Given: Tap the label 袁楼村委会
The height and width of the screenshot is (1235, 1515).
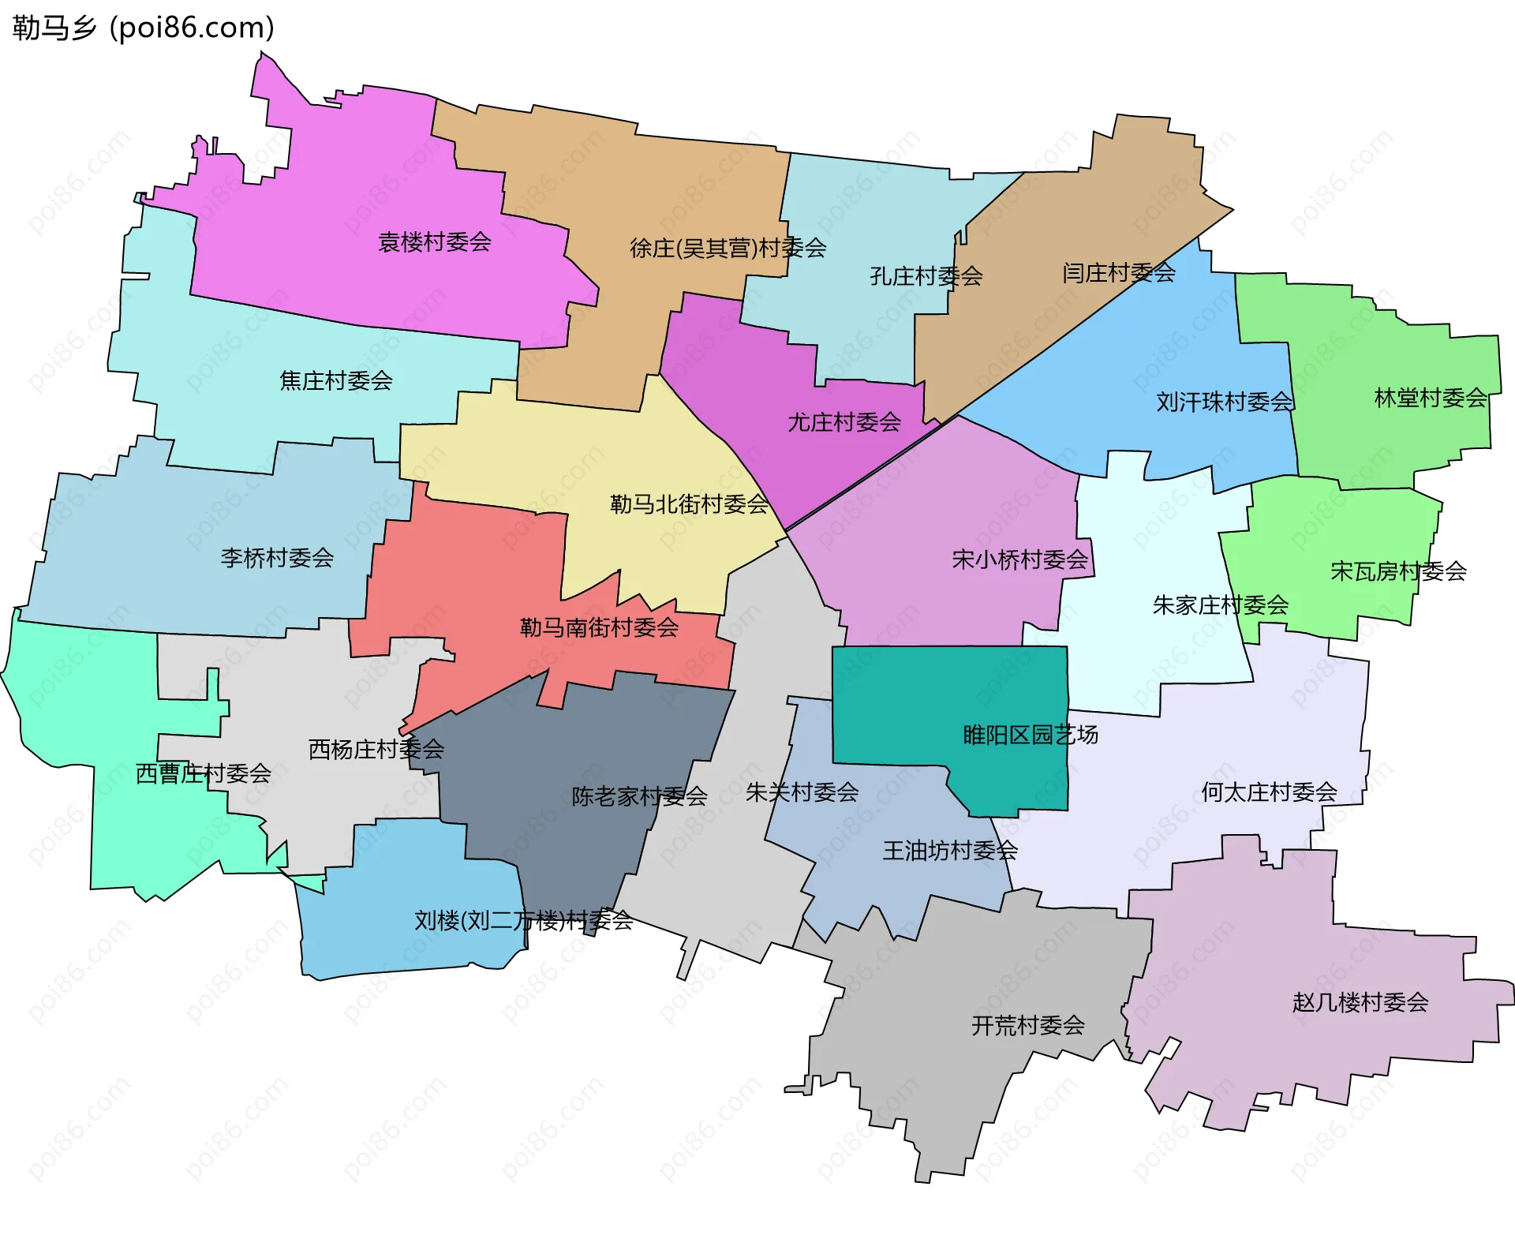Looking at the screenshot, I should tap(434, 242).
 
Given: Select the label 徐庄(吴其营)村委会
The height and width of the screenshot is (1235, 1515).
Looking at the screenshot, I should tap(728, 249).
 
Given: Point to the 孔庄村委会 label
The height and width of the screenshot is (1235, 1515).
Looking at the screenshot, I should tap(926, 276).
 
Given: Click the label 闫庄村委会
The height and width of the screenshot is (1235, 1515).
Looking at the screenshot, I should tap(1118, 273).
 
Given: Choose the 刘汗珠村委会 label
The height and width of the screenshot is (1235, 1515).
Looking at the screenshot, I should tap(1224, 402).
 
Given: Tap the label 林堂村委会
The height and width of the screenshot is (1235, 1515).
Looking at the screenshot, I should tap(1430, 398).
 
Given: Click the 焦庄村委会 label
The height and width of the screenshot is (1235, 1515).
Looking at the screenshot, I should tap(336, 381).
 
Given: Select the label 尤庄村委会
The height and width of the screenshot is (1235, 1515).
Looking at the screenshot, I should tap(844, 422).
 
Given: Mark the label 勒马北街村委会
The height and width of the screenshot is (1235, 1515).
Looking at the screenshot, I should tap(689, 504).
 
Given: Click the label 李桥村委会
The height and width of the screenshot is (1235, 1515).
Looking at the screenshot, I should tap(277, 558).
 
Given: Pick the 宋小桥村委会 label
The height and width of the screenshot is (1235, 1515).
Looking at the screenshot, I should tap(1019, 560).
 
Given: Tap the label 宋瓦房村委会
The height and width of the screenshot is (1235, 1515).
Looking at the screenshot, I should tap(1397, 571).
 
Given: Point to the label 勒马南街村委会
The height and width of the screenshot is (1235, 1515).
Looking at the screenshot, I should tap(599, 628).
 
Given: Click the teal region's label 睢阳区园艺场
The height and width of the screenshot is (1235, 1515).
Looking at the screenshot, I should tap(1030, 735).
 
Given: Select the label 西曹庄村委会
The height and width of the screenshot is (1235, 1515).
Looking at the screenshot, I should tap(203, 773).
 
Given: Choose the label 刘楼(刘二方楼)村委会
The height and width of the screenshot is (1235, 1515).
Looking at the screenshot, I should tap(523, 920).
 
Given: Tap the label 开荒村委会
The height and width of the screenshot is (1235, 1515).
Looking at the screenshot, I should tap(1027, 1026).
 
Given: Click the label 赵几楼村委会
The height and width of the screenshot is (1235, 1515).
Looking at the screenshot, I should tap(1360, 1003).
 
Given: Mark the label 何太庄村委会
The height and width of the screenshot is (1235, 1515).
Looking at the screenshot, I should tap(1268, 792).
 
